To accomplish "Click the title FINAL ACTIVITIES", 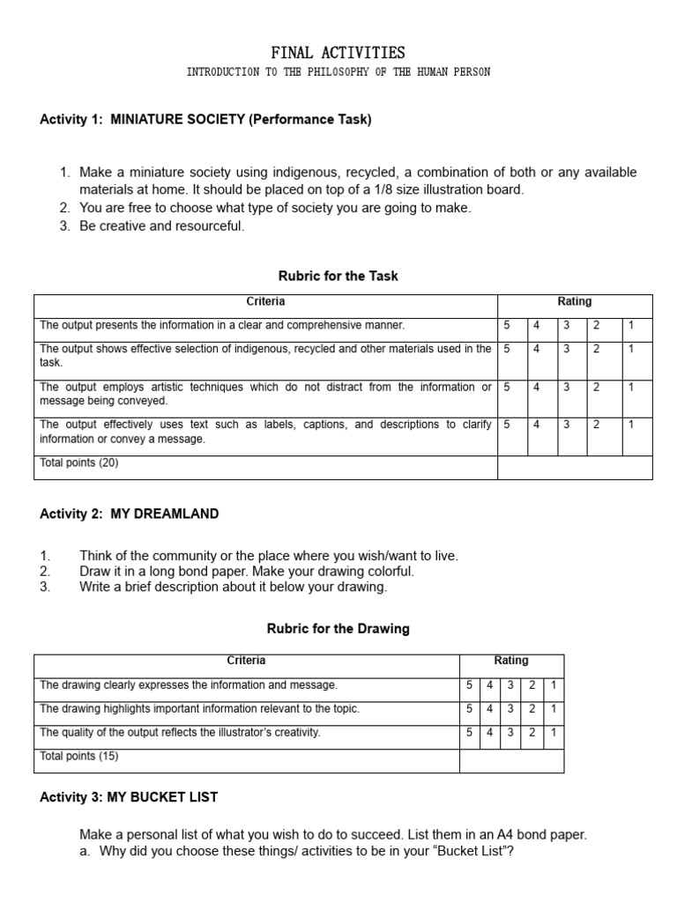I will point(338,53).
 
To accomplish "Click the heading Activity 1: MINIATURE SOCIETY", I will point(205,120).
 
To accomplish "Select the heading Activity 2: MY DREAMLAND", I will point(130,514).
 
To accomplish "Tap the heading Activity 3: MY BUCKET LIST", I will point(129,797).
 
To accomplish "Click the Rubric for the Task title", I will point(338,276).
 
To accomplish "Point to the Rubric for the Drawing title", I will point(338,629).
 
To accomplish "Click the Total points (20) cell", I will point(79,462).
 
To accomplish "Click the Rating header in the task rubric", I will point(575,302).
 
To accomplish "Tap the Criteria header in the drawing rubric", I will point(246,661).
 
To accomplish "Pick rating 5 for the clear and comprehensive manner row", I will point(507,325).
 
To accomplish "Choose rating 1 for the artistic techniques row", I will point(630,387).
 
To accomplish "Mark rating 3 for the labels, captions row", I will point(567,425).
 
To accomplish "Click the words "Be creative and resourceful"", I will point(161,226).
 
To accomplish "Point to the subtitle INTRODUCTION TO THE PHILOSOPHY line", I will point(338,72).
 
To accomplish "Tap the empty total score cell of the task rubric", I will point(575,467).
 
